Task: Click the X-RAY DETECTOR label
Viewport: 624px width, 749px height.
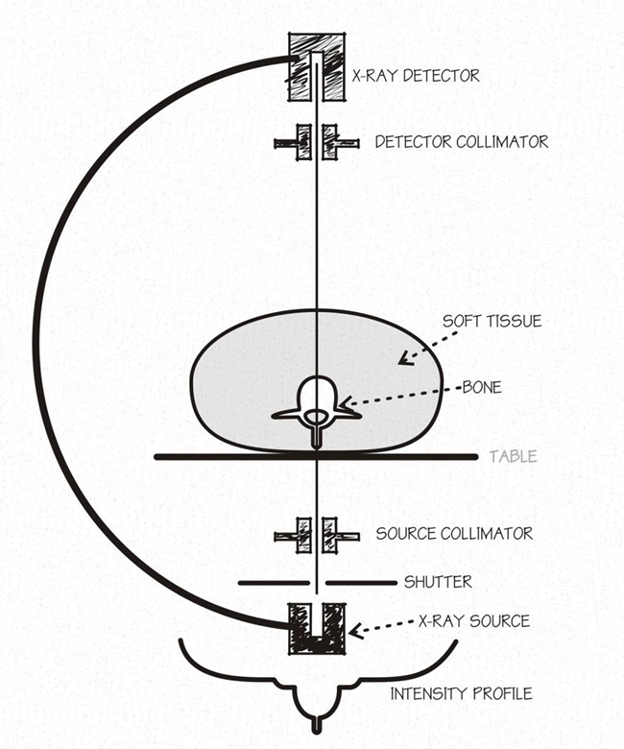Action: (416, 76)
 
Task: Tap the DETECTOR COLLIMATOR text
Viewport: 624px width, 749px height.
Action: (462, 142)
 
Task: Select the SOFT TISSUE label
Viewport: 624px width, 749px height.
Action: (492, 321)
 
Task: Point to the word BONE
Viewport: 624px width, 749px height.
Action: (482, 387)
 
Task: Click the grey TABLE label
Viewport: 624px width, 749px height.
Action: (514, 457)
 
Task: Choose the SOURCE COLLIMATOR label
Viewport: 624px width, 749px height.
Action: (454, 534)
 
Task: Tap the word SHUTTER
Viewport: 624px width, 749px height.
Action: (438, 582)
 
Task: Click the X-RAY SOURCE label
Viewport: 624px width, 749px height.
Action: (474, 621)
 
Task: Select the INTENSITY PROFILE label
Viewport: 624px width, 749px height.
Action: (461, 693)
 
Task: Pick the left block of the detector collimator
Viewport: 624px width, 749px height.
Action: (303, 142)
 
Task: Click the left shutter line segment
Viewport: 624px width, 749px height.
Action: (274, 583)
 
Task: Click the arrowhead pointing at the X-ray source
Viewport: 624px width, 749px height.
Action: (355, 632)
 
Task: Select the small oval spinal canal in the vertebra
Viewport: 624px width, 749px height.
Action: (315, 417)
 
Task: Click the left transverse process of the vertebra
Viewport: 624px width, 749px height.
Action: (285, 415)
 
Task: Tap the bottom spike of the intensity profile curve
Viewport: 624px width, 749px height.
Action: (316, 724)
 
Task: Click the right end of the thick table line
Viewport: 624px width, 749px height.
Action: (475, 457)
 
